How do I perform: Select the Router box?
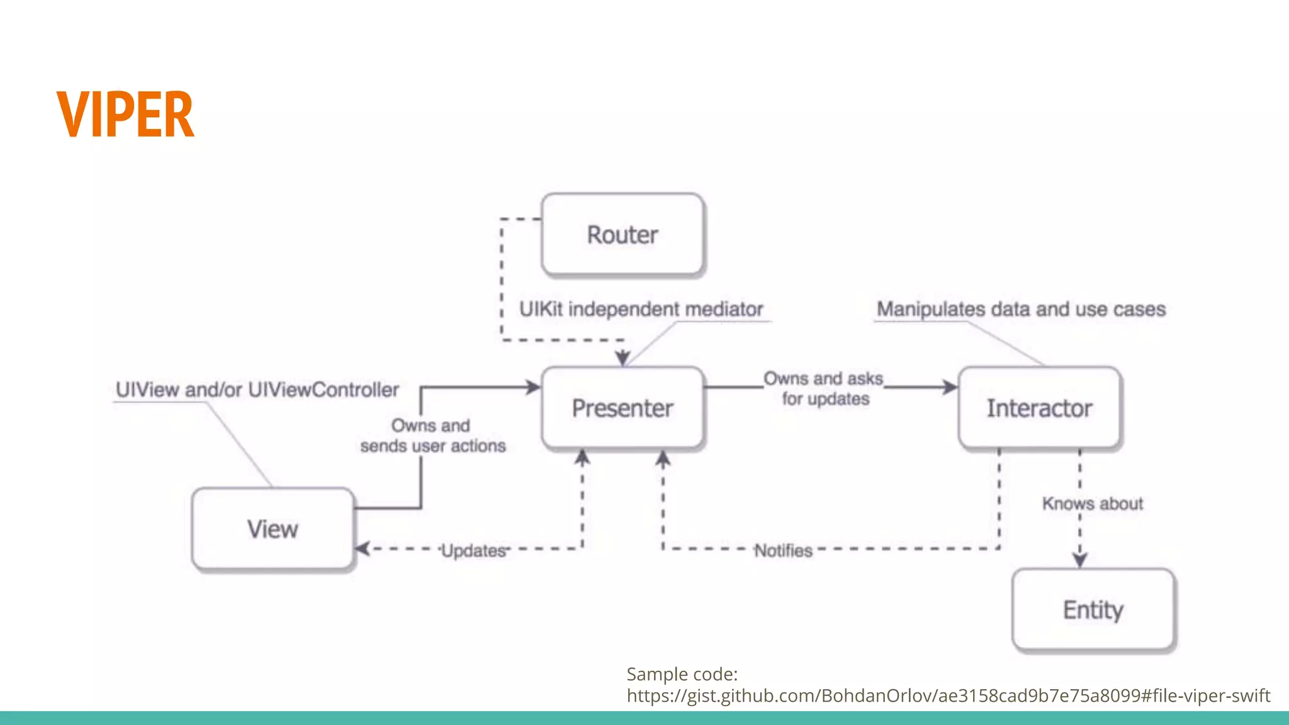pyautogui.click(x=622, y=235)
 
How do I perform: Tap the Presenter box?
pyautogui.click(x=622, y=408)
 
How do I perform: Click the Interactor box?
pyautogui.click(x=1039, y=408)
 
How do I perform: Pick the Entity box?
pyautogui.click(x=1093, y=610)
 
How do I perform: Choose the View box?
pyautogui.click(x=273, y=529)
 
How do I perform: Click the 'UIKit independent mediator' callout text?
pyautogui.click(x=641, y=309)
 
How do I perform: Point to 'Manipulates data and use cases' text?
pyautogui.click(x=1021, y=309)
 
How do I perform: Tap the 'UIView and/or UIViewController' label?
pyautogui.click(x=257, y=390)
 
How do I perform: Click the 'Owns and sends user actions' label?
pyautogui.click(x=432, y=436)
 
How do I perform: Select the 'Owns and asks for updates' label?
pyautogui.click(x=825, y=388)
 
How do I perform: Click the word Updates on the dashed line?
pyautogui.click(x=473, y=551)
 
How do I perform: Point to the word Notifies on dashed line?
pyautogui.click(x=783, y=551)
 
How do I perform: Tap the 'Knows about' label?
pyautogui.click(x=1092, y=503)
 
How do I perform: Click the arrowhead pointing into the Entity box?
pyautogui.click(x=1080, y=559)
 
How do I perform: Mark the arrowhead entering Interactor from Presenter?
pyautogui.click(x=950, y=387)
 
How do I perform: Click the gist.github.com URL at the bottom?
pyautogui.click(x=948, y=695)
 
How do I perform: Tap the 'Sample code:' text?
pyautogui.click(x=682, y=674)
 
